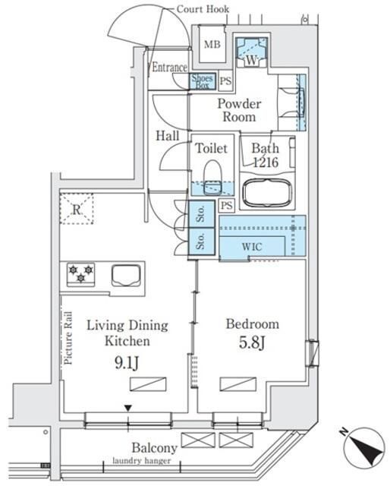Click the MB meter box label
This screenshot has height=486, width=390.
212,44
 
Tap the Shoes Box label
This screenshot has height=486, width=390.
203,81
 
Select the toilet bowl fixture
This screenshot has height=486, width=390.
212,177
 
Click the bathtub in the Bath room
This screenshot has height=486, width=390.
267,192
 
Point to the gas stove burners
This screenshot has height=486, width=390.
81,274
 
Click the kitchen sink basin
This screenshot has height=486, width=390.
126,275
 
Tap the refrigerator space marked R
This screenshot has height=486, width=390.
77,209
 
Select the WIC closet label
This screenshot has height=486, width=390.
252,247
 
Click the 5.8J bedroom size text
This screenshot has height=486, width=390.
252,342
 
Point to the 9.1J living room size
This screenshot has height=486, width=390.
127,362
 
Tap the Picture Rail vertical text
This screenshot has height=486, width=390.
68,337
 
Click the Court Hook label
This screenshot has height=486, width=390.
203,8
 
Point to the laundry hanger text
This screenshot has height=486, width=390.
142,461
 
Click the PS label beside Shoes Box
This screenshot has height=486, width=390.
225,81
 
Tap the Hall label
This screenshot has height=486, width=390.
167,136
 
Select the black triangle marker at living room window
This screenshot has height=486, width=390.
128,409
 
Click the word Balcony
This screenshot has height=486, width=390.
154,448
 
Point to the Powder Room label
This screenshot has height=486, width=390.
240,110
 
